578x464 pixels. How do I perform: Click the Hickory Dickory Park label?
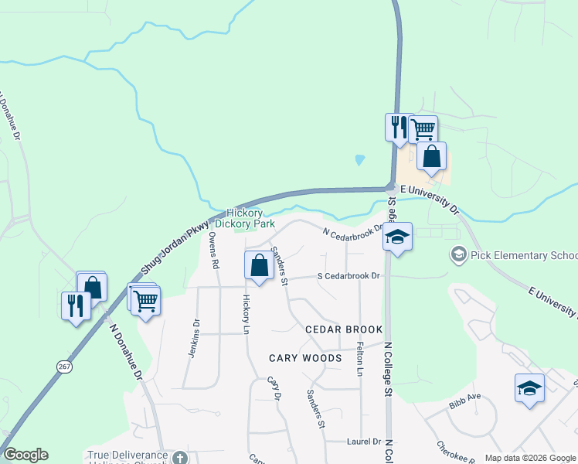tap(245, 218)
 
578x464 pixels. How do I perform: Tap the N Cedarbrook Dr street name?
tap(352, 232)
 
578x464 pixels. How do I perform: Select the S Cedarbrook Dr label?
tap(349, 276)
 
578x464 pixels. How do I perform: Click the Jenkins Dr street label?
tap(195, 339)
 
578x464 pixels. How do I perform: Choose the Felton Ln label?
tap(360, 360)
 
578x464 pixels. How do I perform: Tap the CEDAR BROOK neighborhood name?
tap(344, 329)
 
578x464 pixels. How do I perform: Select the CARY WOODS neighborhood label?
tap(305, 358)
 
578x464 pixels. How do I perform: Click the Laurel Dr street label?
tap(365, 442)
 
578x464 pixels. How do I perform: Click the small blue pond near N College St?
tap(359, 161)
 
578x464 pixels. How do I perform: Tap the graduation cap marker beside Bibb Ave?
tap(530, 388)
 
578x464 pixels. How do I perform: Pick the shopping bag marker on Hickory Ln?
tap(259, 266)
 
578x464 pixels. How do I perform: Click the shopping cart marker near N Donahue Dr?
tap(145, 301)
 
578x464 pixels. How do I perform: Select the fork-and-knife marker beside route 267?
tap(75, 305)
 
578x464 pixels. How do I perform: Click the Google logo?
tap(25, 455)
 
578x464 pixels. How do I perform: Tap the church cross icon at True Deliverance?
tap(179, 457)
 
